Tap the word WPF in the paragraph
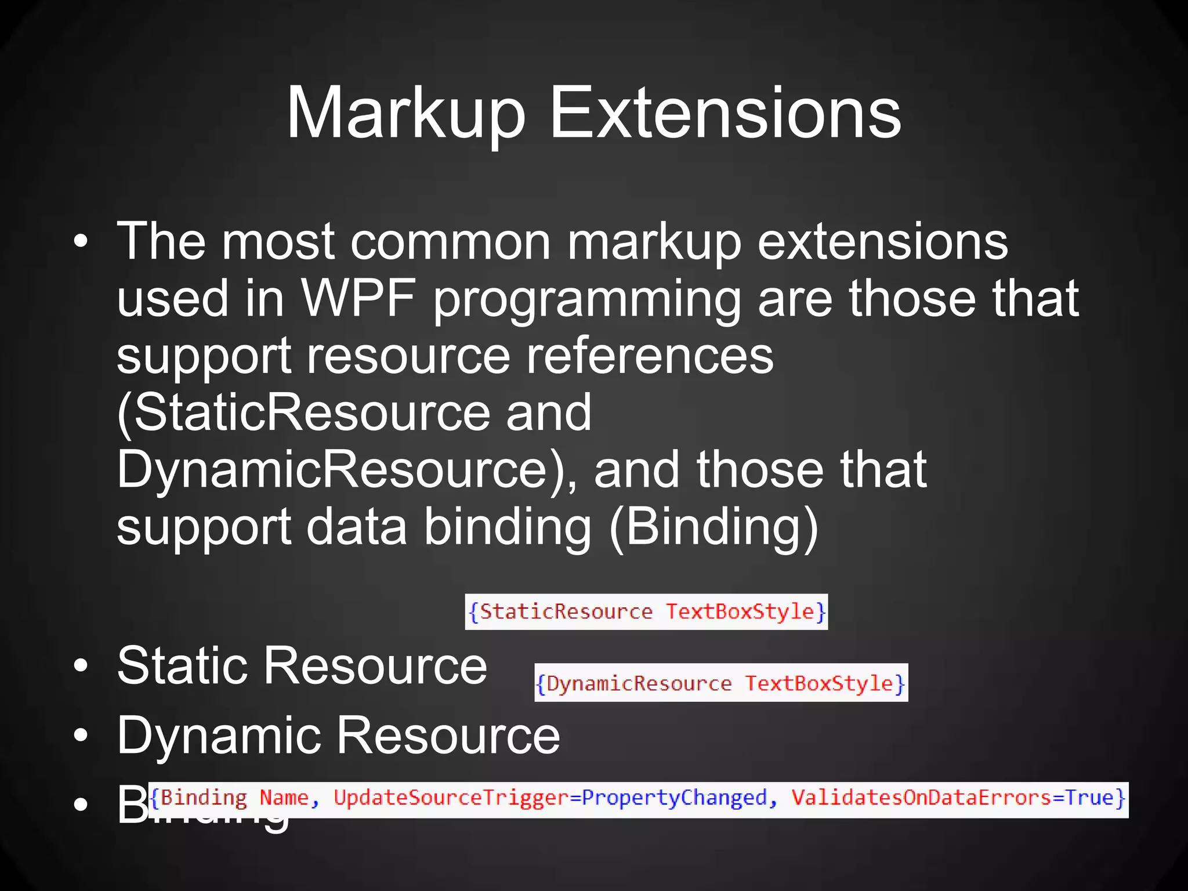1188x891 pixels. coord(358,298)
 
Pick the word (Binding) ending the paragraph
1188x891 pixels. coord(713,527)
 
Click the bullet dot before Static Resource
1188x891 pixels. coord(81,667)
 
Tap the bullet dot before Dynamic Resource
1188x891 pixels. coord(81,736)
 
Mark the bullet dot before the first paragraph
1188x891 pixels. coord(81,241)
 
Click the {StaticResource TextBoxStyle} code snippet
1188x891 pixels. coord(646,612)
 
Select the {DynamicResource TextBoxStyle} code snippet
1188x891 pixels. coord(721,683)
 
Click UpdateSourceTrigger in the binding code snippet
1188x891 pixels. coord(451,798)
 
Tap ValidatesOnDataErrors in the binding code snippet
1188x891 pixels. coord(921,798)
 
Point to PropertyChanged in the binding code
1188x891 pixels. coord(674,798)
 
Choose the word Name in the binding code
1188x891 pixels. coord(284,798)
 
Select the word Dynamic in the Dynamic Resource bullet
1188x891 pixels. coord(218,736)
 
